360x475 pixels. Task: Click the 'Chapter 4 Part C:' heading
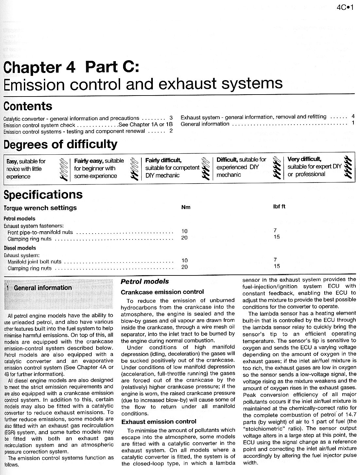click(71, 67)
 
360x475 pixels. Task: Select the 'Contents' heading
click(28, 106)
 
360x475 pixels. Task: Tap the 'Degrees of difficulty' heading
click(60, 144)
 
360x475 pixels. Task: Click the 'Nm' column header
click(186, 207)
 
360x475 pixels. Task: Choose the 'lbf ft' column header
click(279, 206)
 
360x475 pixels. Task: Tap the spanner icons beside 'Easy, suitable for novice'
click(65, 169)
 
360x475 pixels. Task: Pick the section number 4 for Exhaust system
click(353, 116)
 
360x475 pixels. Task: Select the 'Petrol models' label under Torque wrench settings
click(19, 219)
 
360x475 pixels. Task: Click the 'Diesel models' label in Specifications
click(20, 248)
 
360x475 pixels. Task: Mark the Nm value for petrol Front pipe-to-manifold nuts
click(184, 231)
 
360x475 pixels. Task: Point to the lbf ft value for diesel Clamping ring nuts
click(277, 266)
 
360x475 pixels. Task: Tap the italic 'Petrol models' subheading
click(145, 281)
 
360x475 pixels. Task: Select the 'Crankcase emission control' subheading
click(162, 292)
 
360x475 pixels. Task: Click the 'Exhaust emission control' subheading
click(159, 422)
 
